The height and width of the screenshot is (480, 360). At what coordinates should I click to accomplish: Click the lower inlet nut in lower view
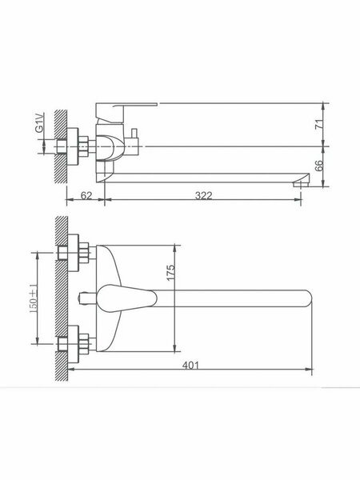[81, 345]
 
